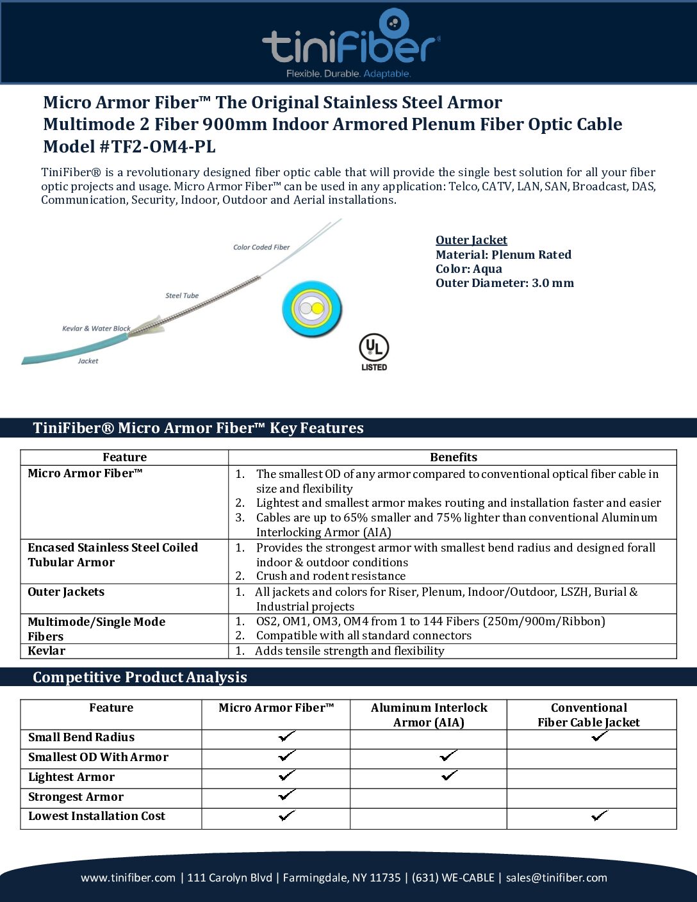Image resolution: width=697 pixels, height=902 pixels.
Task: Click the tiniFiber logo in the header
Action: click(x=350, y=44)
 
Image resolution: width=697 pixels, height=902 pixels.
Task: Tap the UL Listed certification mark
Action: click(x=373, y=352)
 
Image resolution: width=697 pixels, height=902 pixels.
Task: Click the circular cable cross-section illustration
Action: click(x=312, y=309)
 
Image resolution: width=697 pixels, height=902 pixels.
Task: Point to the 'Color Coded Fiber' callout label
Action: click(x=261, y=247)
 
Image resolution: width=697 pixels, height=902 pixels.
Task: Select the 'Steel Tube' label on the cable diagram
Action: click(x=182, y=296)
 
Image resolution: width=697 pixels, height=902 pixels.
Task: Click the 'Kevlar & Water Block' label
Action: click(x=96, y=329)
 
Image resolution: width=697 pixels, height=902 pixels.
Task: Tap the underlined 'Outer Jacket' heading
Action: click(x=471, y=240)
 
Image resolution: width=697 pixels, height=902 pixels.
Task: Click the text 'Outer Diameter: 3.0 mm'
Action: click(x=504, y=283)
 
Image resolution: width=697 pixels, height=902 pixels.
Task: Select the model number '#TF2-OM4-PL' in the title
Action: click(x=157, y=147)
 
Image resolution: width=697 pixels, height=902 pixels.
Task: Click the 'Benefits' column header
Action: click(x=453, y=457)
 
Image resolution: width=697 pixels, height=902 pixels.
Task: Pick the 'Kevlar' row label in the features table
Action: click(x=47, y=651)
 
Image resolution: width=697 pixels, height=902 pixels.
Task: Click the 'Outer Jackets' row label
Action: click(x=66, y=592)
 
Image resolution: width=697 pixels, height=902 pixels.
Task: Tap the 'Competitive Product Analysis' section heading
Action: click(x=140, y=677)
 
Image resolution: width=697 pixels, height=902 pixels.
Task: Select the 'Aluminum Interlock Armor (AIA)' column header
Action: click(x=429, y=715)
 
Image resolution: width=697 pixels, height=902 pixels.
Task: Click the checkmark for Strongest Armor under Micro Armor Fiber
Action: click(x=287, y=795)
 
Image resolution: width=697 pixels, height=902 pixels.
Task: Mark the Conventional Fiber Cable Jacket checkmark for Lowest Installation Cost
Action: click(x=600, y=816)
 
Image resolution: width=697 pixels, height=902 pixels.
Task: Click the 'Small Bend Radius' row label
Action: click(x=81, y=737)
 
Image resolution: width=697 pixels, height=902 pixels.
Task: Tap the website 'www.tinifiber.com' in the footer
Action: click(x=128, y=878)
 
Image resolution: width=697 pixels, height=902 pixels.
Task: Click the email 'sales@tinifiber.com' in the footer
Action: click(x=556, y=878)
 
